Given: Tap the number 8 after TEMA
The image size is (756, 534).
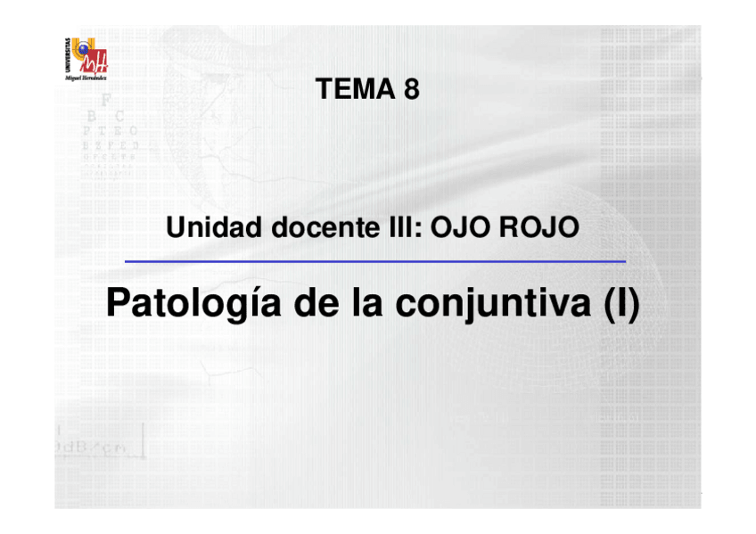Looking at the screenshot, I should click(411, 89).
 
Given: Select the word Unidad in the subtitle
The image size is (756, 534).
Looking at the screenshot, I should click(214, 228).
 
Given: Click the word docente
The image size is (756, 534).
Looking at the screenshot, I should click(315, 228).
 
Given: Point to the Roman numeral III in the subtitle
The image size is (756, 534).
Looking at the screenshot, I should click(395, 228).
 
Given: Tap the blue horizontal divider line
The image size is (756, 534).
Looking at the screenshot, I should click(374, 262).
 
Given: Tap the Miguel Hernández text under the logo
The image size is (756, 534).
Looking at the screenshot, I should click(87, 78).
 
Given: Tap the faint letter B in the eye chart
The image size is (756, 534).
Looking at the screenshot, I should click(92, 116).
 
